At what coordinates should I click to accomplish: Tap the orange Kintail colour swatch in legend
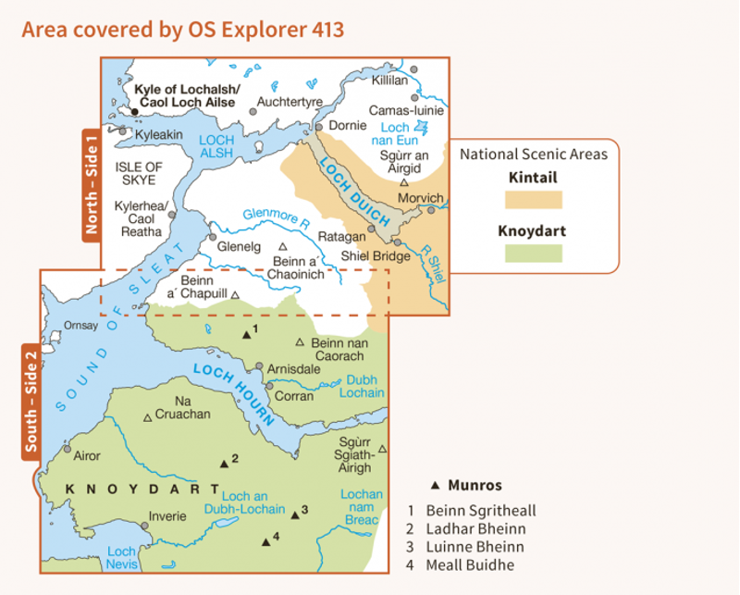click(x=533, y=199)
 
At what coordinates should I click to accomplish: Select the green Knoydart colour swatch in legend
click(x=533, y=252)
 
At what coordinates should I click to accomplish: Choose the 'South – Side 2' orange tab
click(x=31, y=403)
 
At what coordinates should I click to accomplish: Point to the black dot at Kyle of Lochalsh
click(x=135, y=112)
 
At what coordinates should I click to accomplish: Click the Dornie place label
click(x=348, y=125)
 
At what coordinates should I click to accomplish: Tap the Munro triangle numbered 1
click(x=245, y=334)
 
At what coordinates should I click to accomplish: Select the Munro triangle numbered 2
click(x=223, y=463)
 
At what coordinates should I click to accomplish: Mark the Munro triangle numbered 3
click(x=295, y=514)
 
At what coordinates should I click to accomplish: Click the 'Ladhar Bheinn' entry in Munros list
click(x=475, y=528)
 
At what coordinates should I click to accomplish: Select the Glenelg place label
click(x=237, y=246)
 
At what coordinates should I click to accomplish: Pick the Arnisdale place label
click(x=294, y=368)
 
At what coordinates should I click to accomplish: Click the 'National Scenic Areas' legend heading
click(x=533, y=155)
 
